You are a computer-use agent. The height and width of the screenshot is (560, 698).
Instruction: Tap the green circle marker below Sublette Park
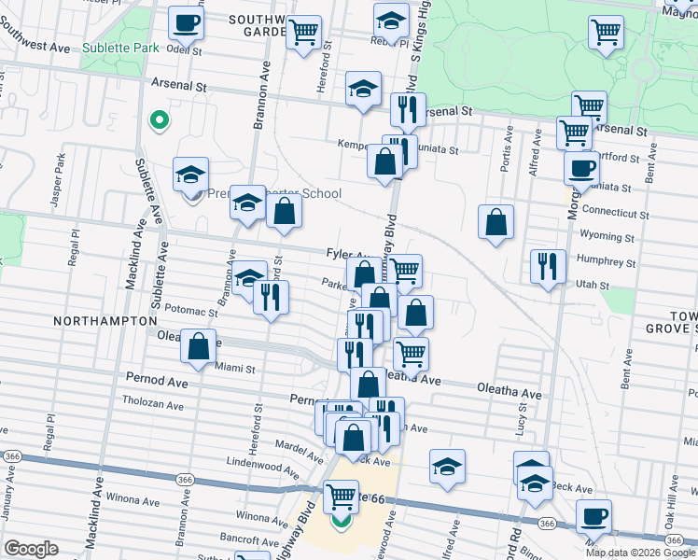click(159, 119)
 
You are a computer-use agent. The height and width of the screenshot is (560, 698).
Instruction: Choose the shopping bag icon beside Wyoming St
click(496, 223)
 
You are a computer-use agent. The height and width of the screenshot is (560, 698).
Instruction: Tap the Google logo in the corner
click(31, 549)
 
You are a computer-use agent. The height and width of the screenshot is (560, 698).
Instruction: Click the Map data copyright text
click(641, 552)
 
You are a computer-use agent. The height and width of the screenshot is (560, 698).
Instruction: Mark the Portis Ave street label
click(510, 152)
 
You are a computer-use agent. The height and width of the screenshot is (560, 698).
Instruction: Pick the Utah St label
click(592, 286)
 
